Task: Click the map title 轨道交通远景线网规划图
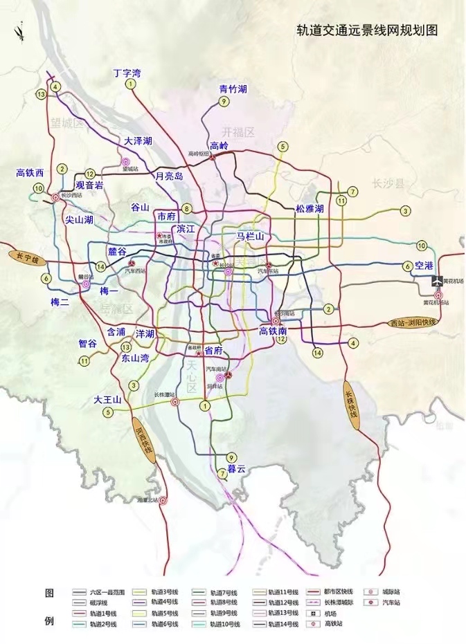pyautogui.click(x=368, y=30)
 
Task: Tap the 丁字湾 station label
pyautogui.click(x=127, y=72)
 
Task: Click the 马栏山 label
pyautogui.click(x=251, y=236)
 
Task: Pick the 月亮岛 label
pyautogui.click(x=169, y=176)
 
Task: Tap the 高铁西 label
pyautogui.click(x=30, y=173)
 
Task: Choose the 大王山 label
pyautogui.click(x=108, y=400)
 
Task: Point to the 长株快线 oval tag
pyautogui.click(x=352, y=405)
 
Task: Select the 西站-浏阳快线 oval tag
pyautogui.click(x=413, y=322)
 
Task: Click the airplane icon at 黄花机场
pyautogui.click(x=437, y=280)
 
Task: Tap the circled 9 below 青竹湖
pyautogui.click(x=223, y=102)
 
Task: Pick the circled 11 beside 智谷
pyautogui.click(x=84, y=360)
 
